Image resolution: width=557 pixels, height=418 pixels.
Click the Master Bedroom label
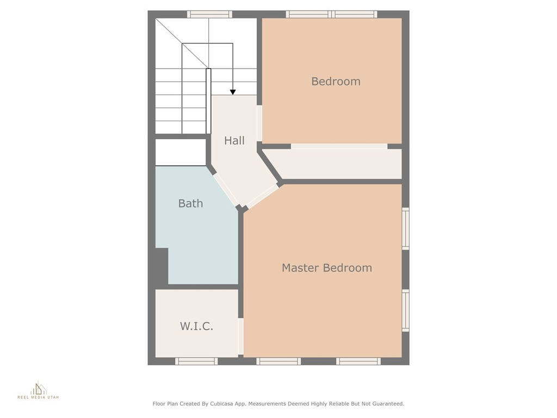327,268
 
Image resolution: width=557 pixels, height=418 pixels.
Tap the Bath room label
190,204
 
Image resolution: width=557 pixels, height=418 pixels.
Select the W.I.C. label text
196,326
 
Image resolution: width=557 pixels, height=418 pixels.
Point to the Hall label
234,140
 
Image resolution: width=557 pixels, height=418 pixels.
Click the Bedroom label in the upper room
336,82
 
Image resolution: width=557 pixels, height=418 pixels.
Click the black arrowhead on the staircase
233,92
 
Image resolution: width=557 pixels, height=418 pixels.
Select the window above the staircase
209,14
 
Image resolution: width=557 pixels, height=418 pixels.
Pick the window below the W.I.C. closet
196,361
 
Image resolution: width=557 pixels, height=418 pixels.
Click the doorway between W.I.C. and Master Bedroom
240,336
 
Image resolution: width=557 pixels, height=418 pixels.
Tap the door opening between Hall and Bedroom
259,124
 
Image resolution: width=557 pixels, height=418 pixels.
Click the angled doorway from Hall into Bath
226,189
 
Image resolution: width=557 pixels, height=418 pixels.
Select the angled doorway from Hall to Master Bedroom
262,196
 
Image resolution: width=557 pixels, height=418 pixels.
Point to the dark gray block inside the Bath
162,266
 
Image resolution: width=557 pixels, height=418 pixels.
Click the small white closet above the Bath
181,152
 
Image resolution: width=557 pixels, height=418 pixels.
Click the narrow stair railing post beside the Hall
208,101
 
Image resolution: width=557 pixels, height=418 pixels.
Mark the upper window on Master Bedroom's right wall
405,229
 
